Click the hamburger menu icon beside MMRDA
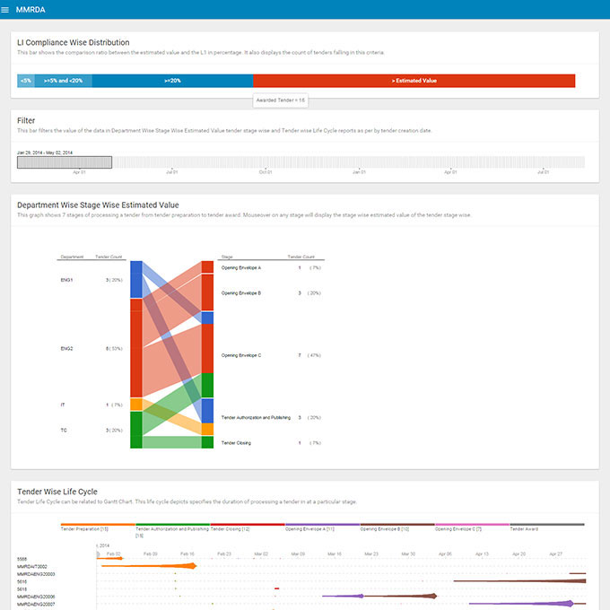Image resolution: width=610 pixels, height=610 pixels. pyautogui.click(x=6, y=9)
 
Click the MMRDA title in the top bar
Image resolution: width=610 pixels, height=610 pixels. pyautogui.click(x=30, y=9)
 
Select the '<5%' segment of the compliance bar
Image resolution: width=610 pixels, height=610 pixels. pyautogui.click(x=25, y=81)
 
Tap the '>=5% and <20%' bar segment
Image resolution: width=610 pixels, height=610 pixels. pyautogui.click(x=63, y=81)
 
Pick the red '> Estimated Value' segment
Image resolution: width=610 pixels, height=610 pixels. pyautogui.click(x=414, y=81)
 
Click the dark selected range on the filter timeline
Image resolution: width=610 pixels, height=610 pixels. pyautogui.click(x=65, y=162)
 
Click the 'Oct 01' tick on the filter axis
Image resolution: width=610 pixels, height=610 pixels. pyautogui.click(x=266, y=171)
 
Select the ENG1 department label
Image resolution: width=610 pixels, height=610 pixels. pyautogui.click(x=67, y=280)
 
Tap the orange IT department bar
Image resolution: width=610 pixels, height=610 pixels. pyautogui.click(x=135, y=405)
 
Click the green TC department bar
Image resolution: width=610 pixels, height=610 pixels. pyautogui.click(x=135, y=430)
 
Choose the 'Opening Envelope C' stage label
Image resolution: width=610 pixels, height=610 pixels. pyautogui.click(x=241, y=355)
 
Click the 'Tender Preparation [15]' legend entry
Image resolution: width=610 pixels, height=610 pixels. pyautogui.click(x=85, y=529)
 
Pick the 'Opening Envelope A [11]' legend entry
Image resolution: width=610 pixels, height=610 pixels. pyautogui.click(x=309, y=529)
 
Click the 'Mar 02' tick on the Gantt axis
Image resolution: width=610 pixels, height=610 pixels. pyautogui.click(x=261, y=554)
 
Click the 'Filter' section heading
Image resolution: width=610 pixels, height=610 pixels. pyautogui.click(x=27, y=120)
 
